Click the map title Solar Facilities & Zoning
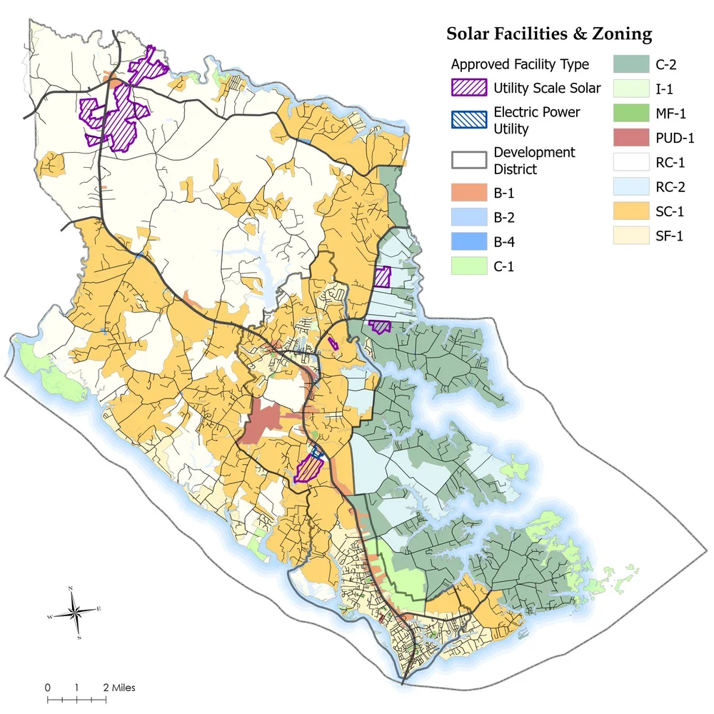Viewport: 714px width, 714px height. [548, 34]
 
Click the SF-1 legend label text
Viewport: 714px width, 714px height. [670, 236]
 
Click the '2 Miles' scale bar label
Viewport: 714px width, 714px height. [118, 688]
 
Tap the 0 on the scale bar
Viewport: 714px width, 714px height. [48, 688]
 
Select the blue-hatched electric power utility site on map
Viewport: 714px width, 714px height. [316, 452]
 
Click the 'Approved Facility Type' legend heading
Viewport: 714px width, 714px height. [520, 64]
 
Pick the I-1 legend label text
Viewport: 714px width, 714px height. [665, 89]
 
